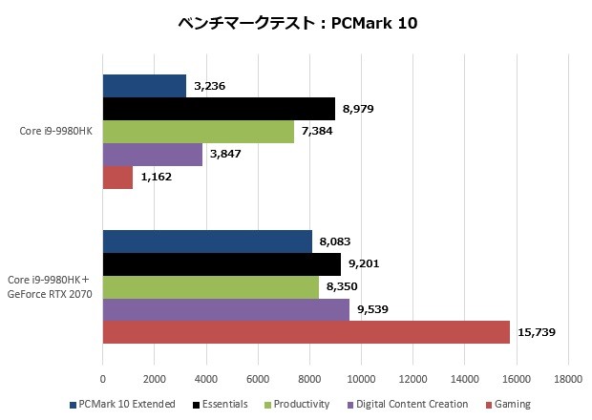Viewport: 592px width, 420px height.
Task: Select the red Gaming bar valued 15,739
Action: pyautogui.click(x=306, y=332)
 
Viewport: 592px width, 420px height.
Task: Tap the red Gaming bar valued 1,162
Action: pyautogui.click(x=117, y=178)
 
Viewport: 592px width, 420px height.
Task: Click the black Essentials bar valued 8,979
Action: pyautogui.click(x=219, y=109)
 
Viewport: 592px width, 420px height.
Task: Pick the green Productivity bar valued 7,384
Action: pyautogui.click(x=198, y=132)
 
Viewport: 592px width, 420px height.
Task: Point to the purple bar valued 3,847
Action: pyautogui.click(x=152, y=155)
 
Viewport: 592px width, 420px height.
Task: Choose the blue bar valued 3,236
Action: pyautogui.click(x=144, y=86)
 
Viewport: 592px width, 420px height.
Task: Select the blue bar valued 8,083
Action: pyautogui.click(x=207, y=241)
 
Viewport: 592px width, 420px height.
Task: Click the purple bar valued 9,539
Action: pyautogui.click(x=225, y=309)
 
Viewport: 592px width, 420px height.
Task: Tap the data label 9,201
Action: pyautogui.click(x=364, y=264)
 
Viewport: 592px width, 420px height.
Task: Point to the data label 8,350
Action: pyautogui.click(x=342, y=287)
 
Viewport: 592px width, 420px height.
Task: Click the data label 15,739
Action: pyautogui.click(x=537, y=332)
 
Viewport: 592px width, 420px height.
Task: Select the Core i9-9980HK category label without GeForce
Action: pyautogui.click(x=56, y=132)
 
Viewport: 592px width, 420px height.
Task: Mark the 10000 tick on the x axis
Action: pyautogui.click(x=361, y=378)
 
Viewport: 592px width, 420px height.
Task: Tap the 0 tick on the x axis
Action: pyautogui.click(x=102, y=378)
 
